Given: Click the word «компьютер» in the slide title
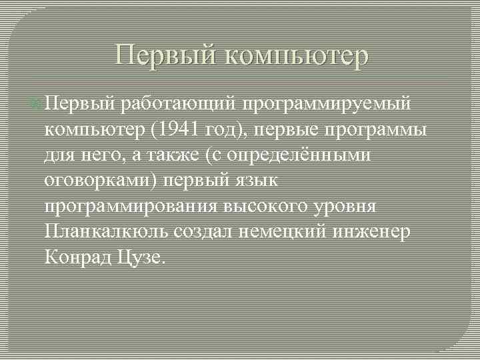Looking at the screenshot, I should tap(297, 56).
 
